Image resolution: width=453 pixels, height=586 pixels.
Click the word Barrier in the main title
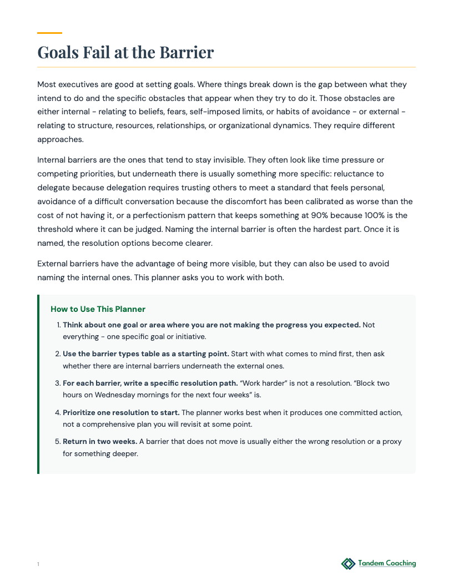coord(187,53)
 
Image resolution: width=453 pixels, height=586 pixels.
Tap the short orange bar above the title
coord(49,33)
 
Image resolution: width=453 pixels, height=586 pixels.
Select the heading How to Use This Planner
coord(98,309)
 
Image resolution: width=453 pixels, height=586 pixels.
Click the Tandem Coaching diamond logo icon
coord(348,564)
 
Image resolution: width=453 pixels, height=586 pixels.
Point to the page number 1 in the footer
coord(38,564)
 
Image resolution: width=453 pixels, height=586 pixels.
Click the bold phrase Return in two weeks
coord(100,442)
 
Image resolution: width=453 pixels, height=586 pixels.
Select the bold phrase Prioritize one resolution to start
coord(121,413)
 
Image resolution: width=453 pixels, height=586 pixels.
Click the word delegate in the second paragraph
coord(52,188)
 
